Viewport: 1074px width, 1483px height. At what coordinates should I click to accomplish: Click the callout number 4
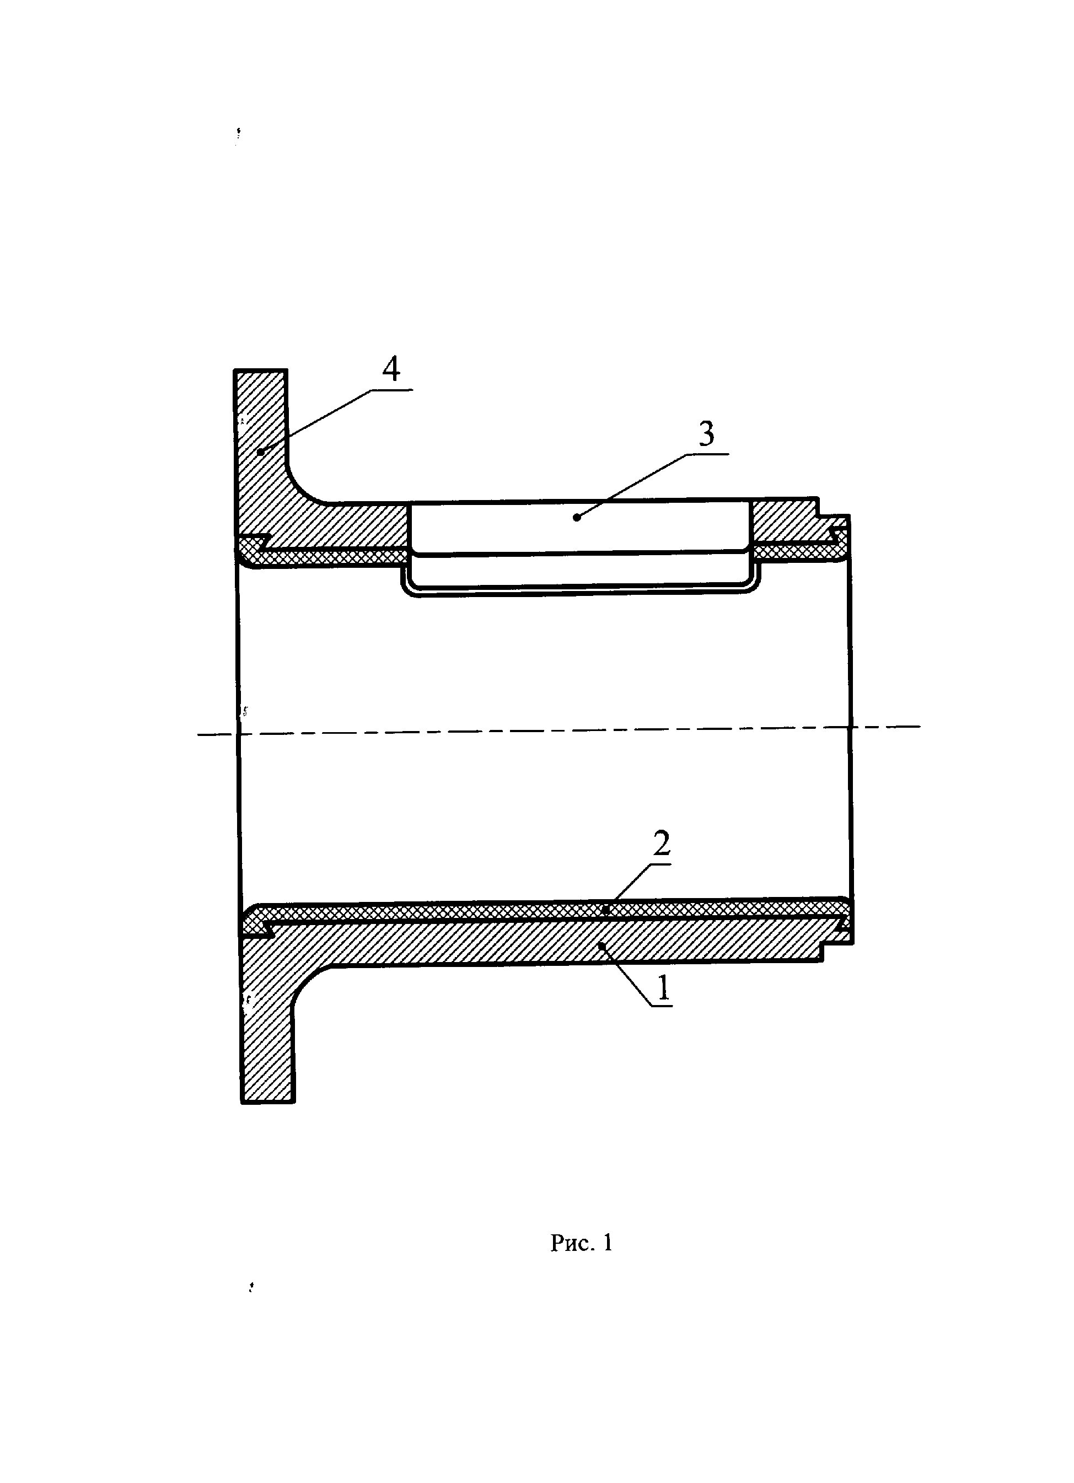pyautogui.click(x=391, y=370)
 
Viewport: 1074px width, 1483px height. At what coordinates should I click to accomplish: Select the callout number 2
pyautogui.click(x=662, y=843)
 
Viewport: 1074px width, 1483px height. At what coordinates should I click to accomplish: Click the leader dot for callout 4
pyautogui.click(x=260, y=451)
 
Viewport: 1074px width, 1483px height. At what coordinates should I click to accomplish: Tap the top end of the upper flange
pyautogui.click(x=260, y=372)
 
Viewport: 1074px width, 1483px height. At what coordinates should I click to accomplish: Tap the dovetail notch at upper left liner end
pyautogui.click(x=264, y=541)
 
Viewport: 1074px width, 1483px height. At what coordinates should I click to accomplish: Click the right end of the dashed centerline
pyautogui.click(x=919, y=726)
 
